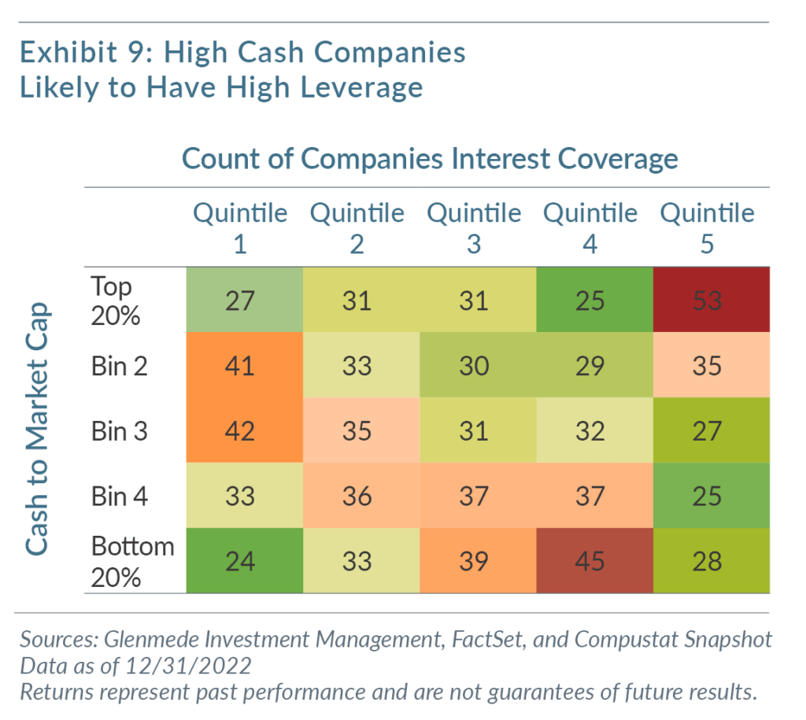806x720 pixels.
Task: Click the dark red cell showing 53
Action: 712,300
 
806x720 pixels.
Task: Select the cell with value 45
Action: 595,560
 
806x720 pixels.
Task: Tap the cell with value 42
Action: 245,430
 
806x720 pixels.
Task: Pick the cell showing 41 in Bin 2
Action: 245,365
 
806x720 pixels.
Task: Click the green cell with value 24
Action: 245,560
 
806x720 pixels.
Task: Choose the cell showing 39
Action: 478,560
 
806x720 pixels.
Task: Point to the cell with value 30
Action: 478,365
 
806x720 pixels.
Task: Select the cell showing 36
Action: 361,496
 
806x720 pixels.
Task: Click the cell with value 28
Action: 712,560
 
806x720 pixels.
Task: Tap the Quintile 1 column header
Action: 240,228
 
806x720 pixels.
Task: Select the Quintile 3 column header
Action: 474,228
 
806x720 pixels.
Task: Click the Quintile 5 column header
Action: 708,228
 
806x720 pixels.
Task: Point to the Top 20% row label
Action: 115,301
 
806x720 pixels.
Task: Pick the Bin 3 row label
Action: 120,430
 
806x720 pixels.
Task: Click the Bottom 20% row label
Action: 132,562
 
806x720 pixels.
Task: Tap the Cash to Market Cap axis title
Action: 37,429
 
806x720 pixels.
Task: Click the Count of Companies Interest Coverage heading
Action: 430,158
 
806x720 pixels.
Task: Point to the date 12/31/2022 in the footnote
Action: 188,666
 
